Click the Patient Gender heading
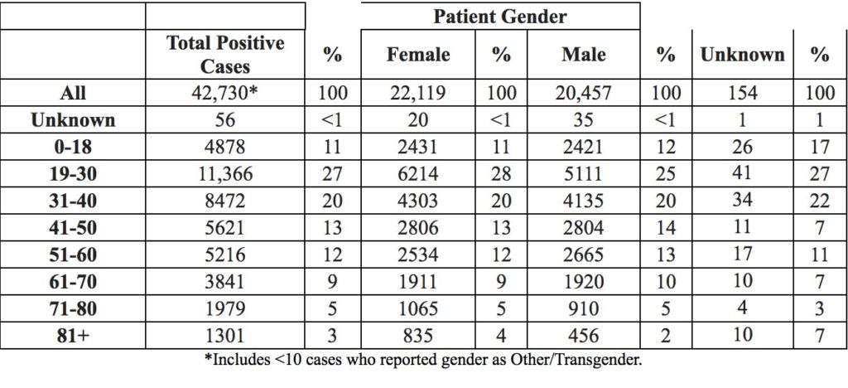(499, 17)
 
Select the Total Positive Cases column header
(225, 55)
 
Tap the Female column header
(418, 55)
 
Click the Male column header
(584, 55)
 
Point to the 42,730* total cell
(225, 93)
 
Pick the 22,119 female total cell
(418, 93)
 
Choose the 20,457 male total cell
(584, 93)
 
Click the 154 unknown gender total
(743, 93)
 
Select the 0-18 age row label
(73, 147)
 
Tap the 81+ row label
(73, 336)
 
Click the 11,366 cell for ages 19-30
(225, 174)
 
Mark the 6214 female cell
(418, 174)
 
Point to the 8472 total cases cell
(225, 201)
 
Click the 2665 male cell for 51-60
(584, 255)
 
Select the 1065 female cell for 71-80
(418, 309)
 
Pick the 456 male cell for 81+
(584, 336)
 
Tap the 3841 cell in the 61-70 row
(225, 282)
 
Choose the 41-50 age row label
(73, 228)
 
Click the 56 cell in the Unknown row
(225, 119)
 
